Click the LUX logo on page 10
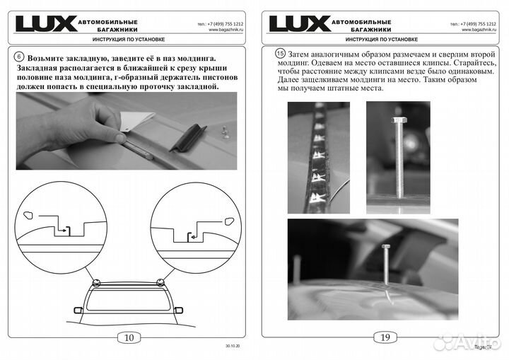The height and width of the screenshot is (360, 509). pyautogui.click(x=45, y=24)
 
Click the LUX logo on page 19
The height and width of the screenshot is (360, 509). pyautogui.click(x=299, y=24)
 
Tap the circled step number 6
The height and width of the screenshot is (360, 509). pyautogui.click(x=19, y=57)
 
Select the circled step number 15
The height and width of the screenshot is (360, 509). pyautogui.click(x=281, y=54)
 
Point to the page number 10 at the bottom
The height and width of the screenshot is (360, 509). pyautogui.click(x=129, y=337)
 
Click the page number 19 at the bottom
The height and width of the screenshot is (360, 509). pyautogui.click(x=385, y=337)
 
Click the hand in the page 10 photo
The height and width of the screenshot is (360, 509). pyautogui.click(x=85, y=124)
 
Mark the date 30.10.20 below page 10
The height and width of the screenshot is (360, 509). pyautogui.click(x=232, y=347)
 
